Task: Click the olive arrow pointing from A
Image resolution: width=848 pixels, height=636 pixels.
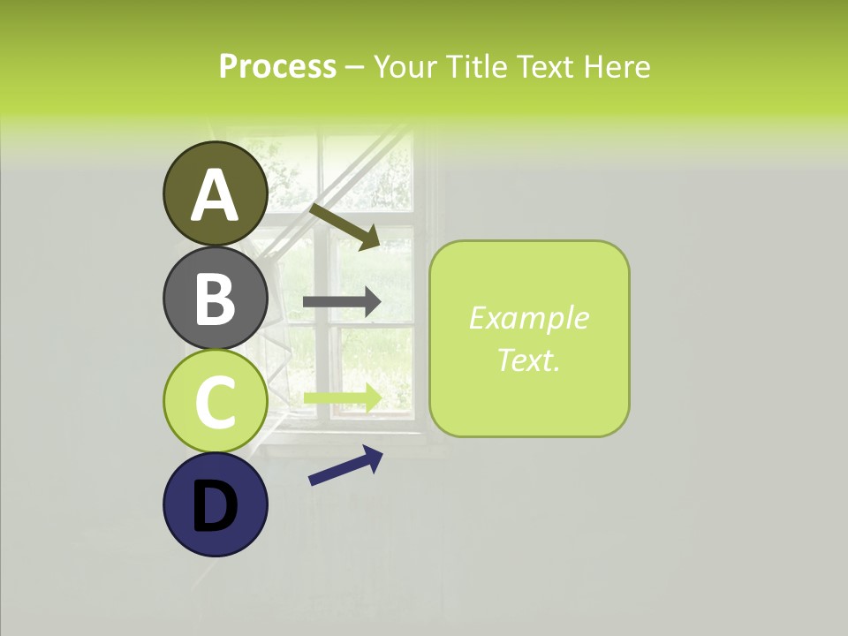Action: [344, 225]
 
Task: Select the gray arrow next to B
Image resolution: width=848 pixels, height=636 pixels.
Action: [342, 302]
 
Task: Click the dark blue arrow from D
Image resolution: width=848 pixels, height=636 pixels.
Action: [345, 466]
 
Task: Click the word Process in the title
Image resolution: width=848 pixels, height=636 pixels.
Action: [277, 66]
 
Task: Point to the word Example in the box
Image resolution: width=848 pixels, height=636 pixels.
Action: [529, 318]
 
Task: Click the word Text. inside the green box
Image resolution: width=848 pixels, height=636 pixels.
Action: [529, 360]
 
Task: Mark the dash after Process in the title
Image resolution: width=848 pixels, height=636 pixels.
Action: [355, 68]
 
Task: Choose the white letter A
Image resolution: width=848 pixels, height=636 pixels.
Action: [216, 195]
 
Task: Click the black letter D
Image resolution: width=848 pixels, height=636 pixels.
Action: [216, 506]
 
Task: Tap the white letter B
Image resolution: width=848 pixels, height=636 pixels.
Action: [216, 299]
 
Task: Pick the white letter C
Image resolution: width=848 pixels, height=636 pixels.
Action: [216, 403]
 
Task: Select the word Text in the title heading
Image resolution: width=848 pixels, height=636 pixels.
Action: [543, 66]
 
